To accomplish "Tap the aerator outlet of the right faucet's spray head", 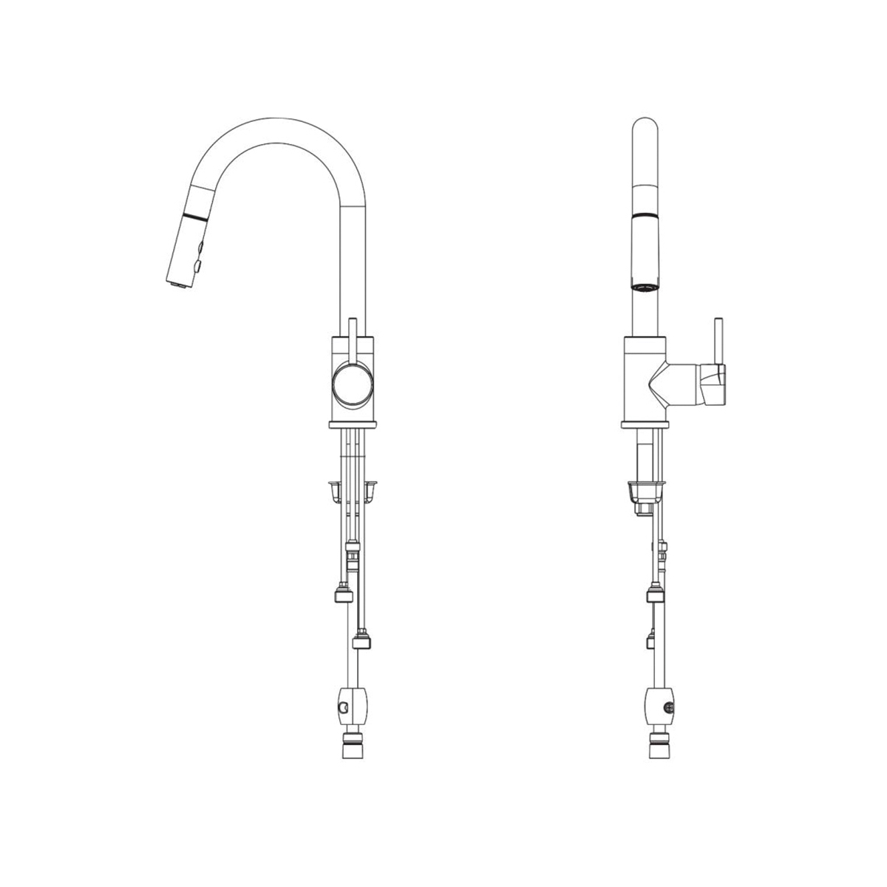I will pos(643,285).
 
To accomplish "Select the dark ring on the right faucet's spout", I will pos(645,215).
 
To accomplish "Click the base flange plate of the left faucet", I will pos(353,424).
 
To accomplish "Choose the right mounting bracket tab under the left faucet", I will pos(373,489).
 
